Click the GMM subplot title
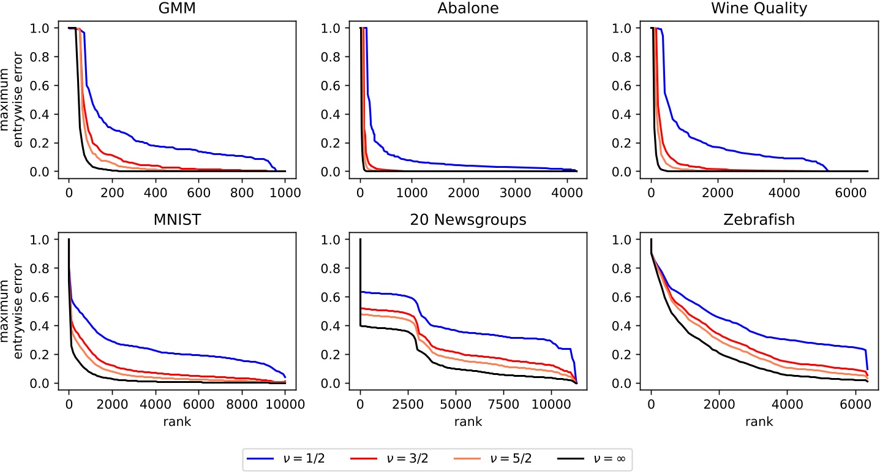(176, 9)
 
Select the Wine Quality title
(758, 9)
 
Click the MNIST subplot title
(176, 221)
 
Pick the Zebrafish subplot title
(758, 221)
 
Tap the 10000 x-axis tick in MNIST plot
(285, 403)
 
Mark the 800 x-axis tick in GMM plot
(243, 191)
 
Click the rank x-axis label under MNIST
(176, 422)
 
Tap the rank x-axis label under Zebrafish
(758, 422)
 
